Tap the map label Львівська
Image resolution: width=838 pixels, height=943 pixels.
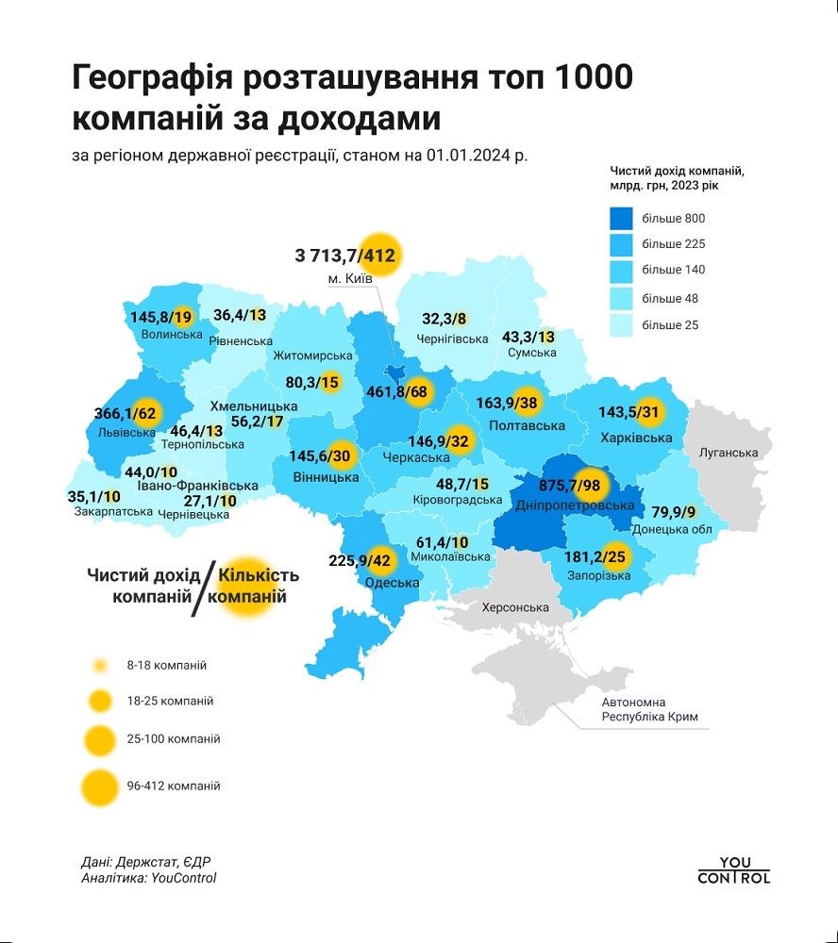(126, 433)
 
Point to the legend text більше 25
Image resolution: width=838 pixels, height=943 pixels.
(670, 325)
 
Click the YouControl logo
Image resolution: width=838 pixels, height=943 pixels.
(734, 870)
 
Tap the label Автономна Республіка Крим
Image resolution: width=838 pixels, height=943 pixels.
(649, 710)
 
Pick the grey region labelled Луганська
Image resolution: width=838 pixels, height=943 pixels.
(729, 453)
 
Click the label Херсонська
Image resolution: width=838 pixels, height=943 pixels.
(515, 607)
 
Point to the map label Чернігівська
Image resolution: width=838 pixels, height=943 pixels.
(452, 339)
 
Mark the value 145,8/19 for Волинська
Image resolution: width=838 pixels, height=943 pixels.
(158, 317)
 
